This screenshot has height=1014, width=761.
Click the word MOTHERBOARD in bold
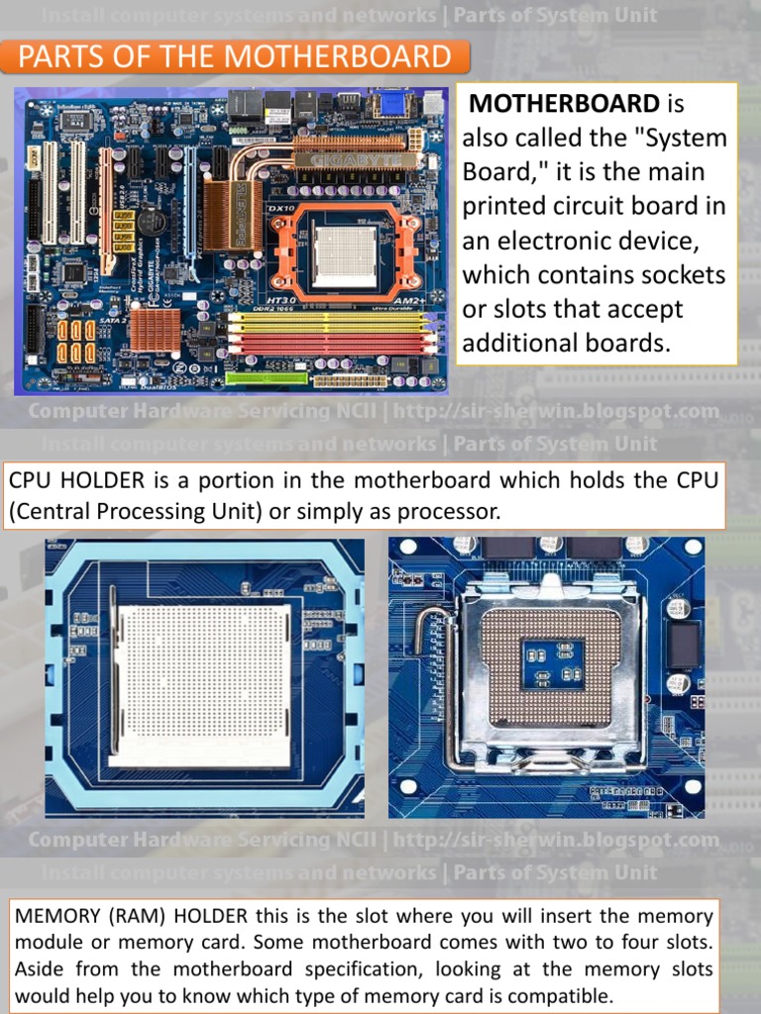click(x=564, y=103)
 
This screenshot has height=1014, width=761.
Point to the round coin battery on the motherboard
click(x=152, y=223)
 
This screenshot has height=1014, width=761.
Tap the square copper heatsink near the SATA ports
click(x=156, y=329)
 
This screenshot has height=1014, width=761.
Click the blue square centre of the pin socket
click(x=553, y=664)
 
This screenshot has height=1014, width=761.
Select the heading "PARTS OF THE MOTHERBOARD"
click(x=235, y=56)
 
